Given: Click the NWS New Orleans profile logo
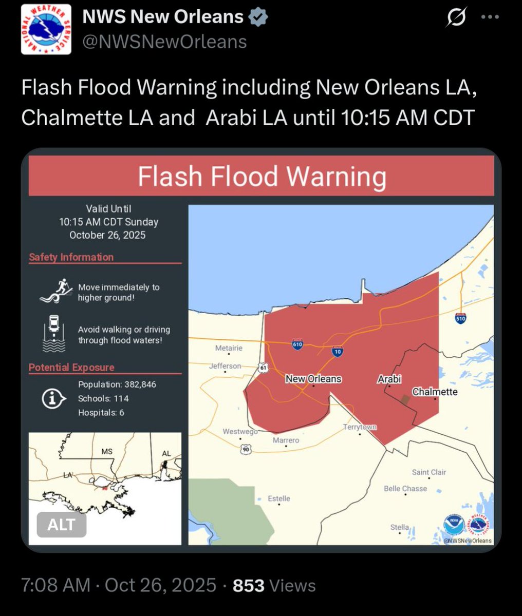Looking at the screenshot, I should (x=46, y=30).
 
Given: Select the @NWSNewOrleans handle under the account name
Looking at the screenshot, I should (x=164, y=42).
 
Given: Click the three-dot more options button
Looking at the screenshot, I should (x=490, y=17).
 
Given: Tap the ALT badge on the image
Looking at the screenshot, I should (x=62, y=525).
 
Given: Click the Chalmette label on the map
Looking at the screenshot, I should (x=435, y=392).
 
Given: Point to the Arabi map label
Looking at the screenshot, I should (x=389, y=379).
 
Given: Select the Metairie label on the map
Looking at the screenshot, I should (x=229, y=348).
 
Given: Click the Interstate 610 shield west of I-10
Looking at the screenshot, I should (x=297, y=344).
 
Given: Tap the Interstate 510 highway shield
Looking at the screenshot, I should (x=460, y=318).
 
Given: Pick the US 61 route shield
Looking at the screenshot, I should (x=264, y=368).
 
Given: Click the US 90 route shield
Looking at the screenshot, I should (x=246, y=449).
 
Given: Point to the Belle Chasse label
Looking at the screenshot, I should (x=405, y=488).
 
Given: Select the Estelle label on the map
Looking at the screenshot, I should (x=279, y=498).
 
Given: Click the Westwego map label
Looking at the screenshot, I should (x=240, y=432).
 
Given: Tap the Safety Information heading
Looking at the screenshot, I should (x=71, y=257).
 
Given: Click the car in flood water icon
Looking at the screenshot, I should (x=53, y=333).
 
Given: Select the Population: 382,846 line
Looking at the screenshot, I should (x=117, y=384).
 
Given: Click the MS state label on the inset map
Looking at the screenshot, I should (x=107, y=452).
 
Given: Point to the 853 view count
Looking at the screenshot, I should (x=249, y=585).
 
